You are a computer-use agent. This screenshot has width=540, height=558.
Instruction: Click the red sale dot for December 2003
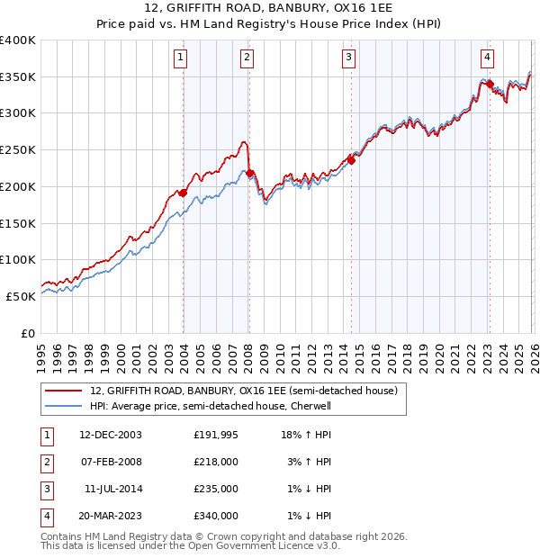pos(184,192)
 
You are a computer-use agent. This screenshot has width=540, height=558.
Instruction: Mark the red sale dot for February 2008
pos(250,173)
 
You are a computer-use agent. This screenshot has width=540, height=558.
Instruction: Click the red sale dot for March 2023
pos(490,84)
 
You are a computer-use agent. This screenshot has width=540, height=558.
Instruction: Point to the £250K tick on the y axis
pos(17,150)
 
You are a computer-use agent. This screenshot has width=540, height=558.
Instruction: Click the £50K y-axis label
pos(20,296)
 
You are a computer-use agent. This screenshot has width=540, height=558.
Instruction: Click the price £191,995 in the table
pos(216,435)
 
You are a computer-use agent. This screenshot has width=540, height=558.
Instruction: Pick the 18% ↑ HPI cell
pos(308,435)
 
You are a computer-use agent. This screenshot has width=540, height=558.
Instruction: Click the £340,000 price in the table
pos(216,516)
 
